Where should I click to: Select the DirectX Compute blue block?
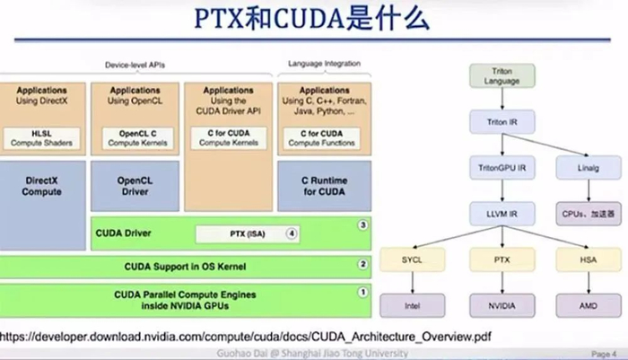41,186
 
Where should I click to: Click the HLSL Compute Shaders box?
41,137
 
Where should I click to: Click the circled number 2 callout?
362,265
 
